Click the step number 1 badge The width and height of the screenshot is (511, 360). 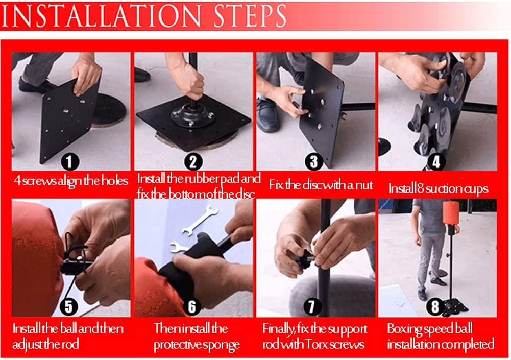[69, 162]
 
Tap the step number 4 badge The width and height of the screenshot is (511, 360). [436, 162]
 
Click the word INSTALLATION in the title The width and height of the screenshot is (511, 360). [102, 15]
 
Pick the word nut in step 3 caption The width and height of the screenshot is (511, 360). [364, 185]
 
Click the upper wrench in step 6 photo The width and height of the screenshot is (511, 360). [200, 221]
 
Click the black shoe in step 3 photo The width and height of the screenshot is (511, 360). [267, 115]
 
